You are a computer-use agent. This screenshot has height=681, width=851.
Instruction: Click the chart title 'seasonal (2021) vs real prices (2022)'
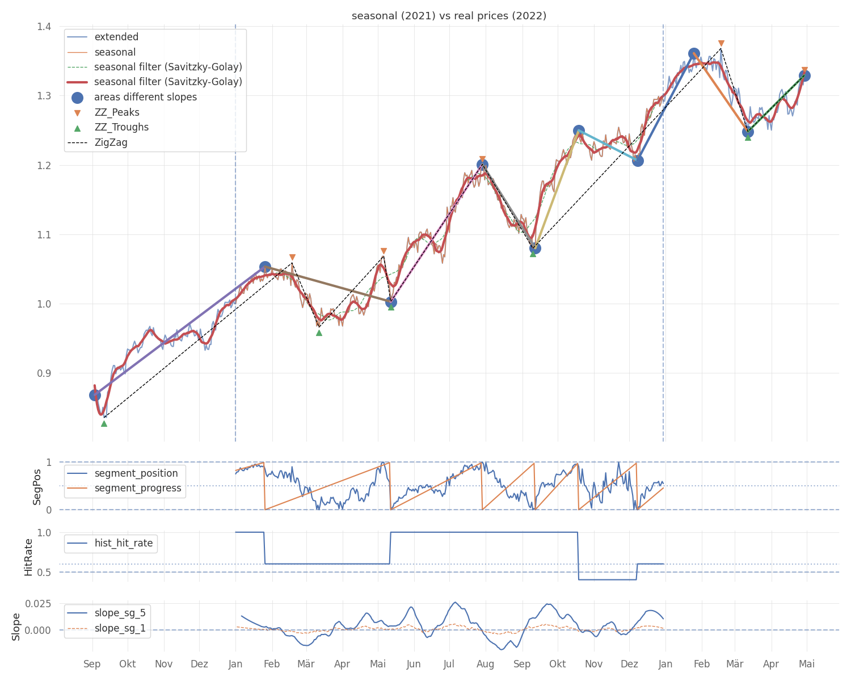pos(449,16)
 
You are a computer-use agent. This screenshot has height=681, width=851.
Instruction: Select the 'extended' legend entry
pos(103,37)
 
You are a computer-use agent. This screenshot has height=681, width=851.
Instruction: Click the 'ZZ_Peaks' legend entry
pos(103,112)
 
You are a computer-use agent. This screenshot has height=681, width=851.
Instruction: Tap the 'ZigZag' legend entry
pos(97,142)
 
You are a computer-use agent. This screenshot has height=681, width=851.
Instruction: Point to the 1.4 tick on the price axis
pos(44,27)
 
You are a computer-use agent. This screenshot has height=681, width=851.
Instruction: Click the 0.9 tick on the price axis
pos(44,373)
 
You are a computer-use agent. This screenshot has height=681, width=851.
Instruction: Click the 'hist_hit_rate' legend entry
pos(110,543)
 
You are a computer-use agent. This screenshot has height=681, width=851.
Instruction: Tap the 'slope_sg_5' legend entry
pos(107,612)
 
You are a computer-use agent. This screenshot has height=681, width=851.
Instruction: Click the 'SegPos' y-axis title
pos(37,487)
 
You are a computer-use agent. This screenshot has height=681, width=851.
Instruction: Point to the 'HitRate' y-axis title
pos(28,557)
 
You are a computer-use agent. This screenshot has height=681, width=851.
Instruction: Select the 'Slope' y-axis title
pos(16,627)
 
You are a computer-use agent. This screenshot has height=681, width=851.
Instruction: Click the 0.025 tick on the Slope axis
pos(39,603)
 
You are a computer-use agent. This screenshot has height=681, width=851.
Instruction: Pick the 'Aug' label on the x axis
pos(485,664)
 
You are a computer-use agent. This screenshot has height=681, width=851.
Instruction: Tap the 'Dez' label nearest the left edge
pos(199,663)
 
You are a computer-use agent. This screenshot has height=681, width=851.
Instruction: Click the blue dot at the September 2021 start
pos(95,395)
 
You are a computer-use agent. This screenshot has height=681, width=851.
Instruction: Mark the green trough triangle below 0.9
pos(104,424)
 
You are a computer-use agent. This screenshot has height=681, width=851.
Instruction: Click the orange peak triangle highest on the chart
pos(721,44)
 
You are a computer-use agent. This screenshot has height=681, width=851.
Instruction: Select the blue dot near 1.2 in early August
pos(482,165)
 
